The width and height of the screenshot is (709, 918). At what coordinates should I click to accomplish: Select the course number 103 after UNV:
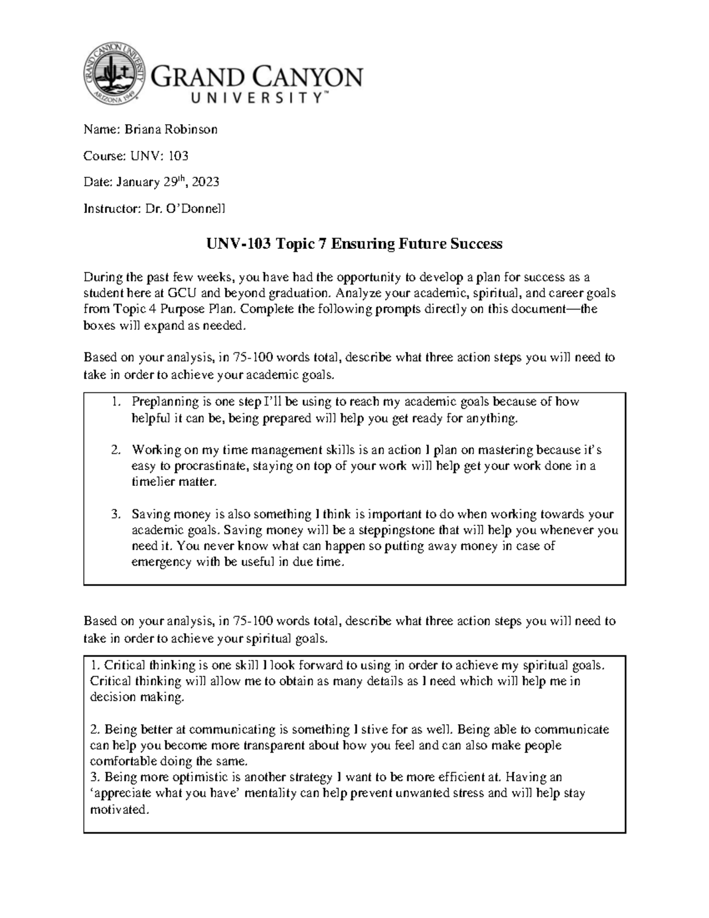click(x=178, y=156)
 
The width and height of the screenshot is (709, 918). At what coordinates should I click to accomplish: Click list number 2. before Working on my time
click(x=116, y=450)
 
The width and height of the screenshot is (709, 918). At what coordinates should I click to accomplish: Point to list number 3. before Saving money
click(x=116, y=514)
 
